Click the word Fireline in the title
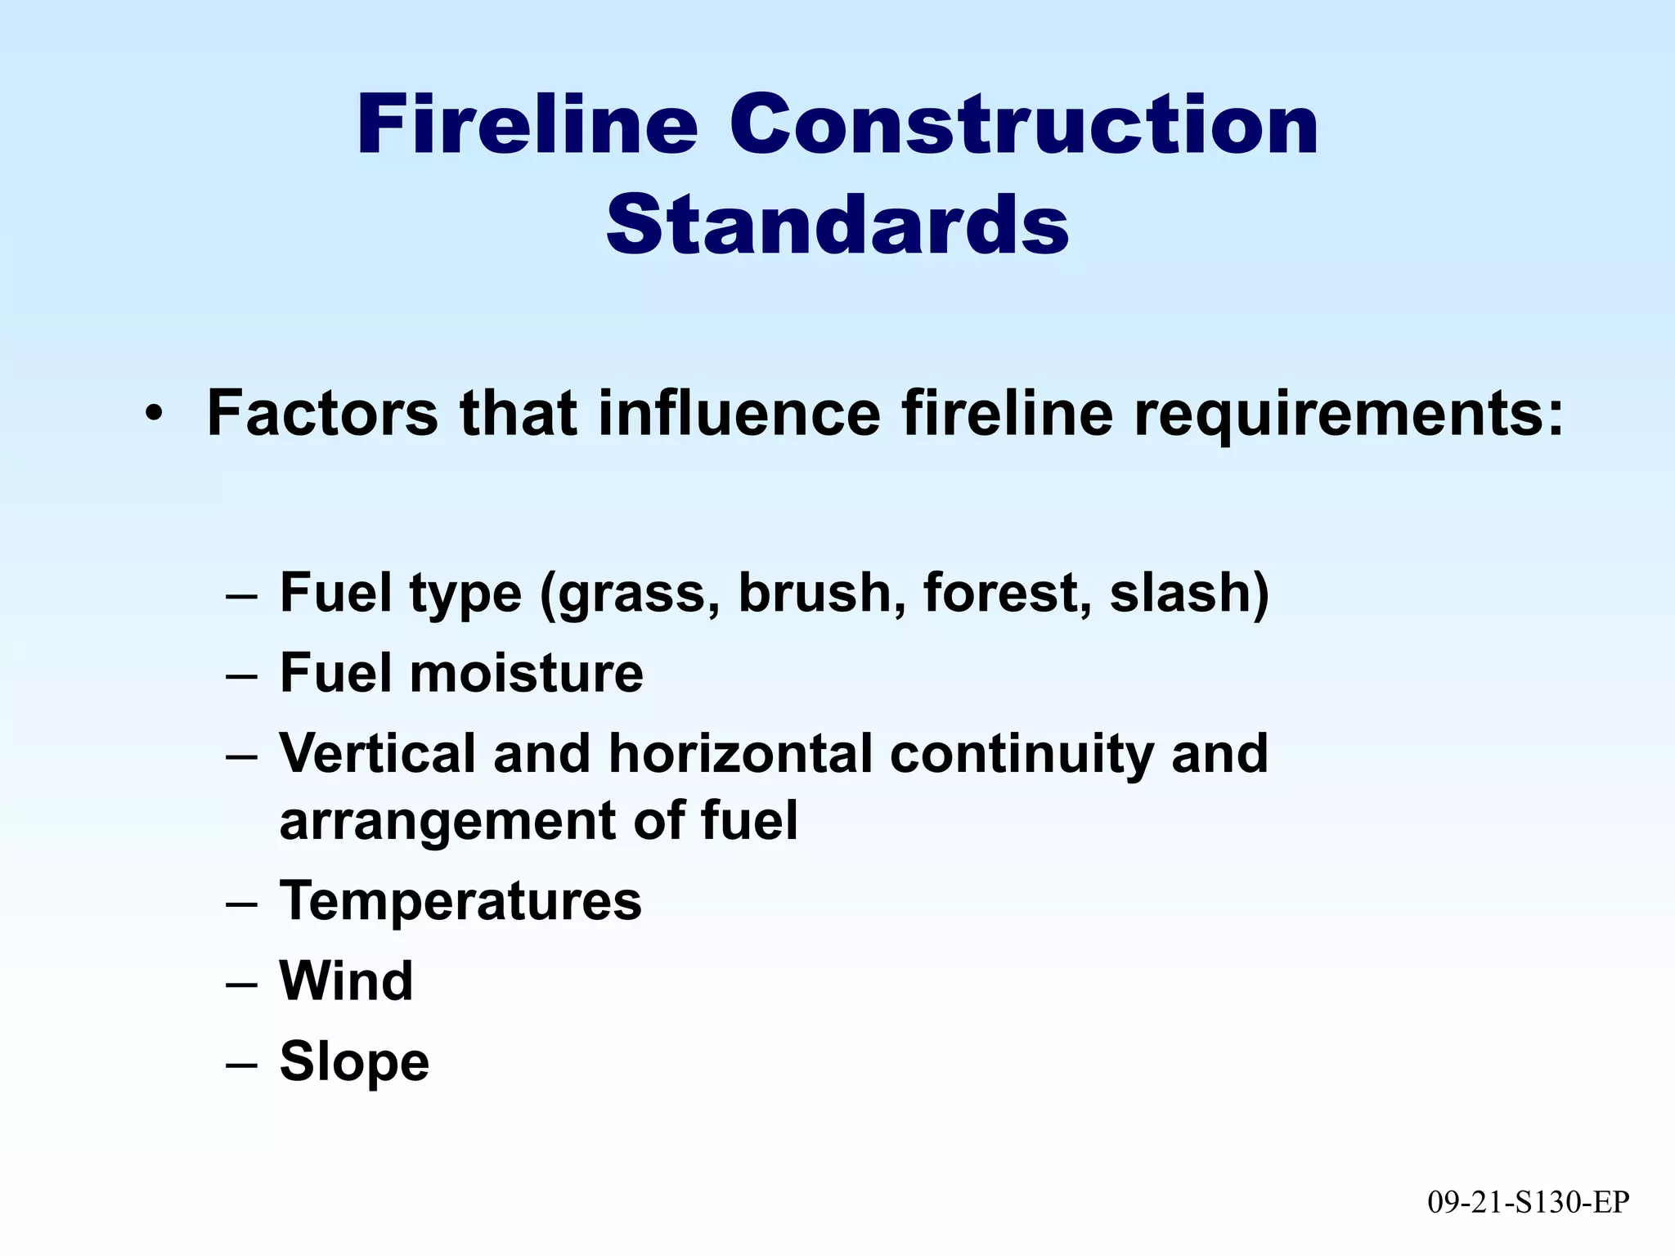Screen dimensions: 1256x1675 (528, 125)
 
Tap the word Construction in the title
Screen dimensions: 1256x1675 (1024, 125)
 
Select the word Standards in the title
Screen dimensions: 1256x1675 (837, 224)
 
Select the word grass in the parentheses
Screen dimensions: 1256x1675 (634, 594)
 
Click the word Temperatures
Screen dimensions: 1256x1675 (460, 901)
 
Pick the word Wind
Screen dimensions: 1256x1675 (347, 980)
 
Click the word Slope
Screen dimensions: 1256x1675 (354, 1061)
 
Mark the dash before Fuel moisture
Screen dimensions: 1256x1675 (241, 675)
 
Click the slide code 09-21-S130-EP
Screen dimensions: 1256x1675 (1529, 1202)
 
